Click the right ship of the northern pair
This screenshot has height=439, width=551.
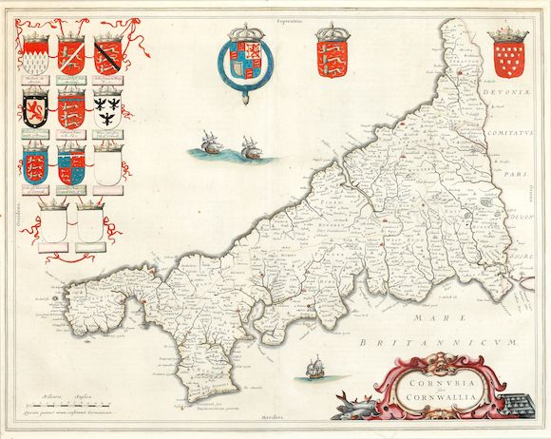click(250, 147)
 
